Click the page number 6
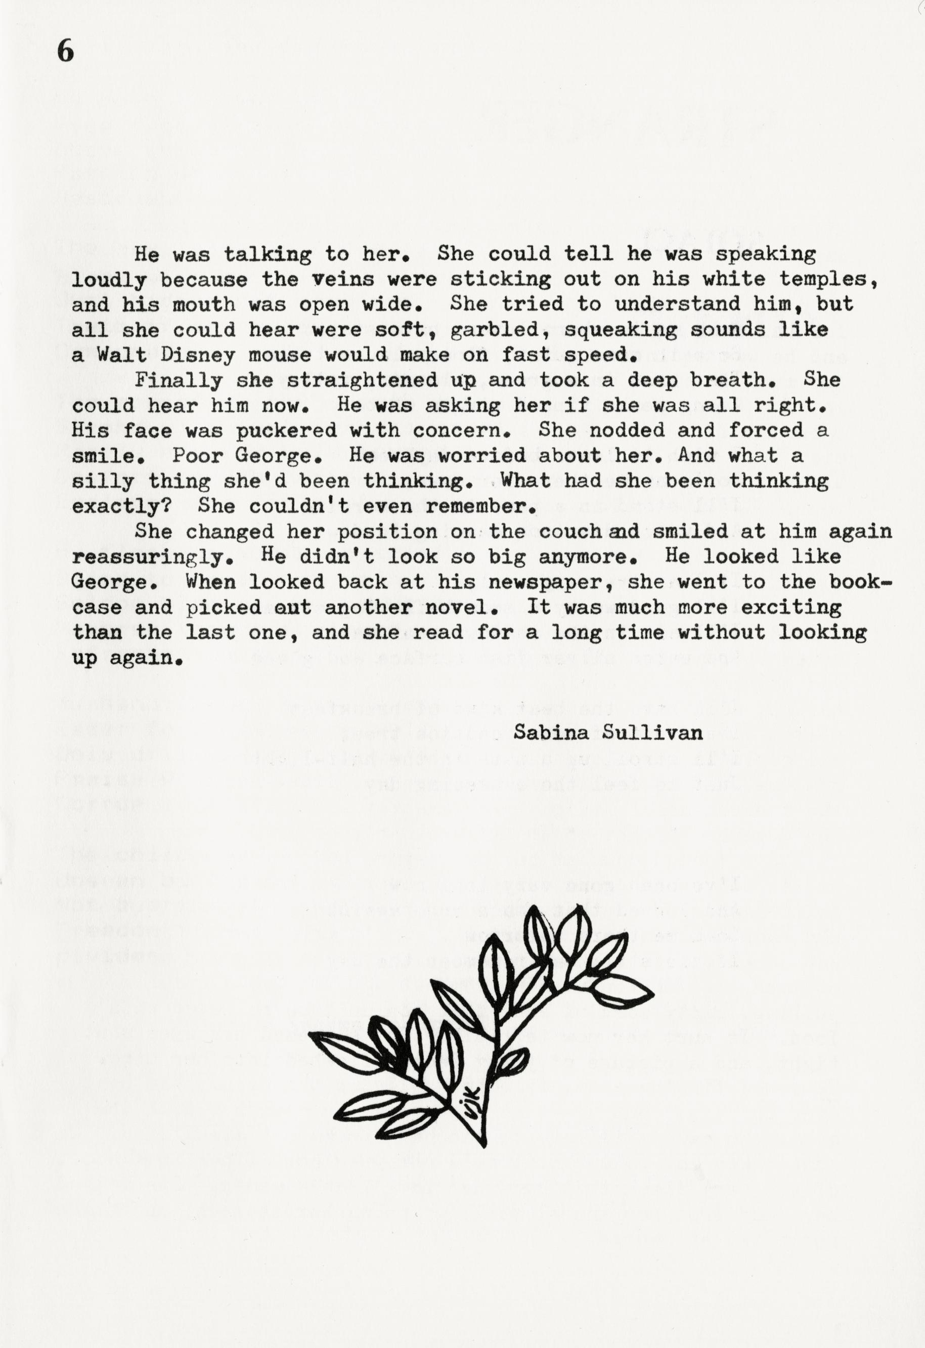click(x=66, y=52)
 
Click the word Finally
click(x=179, y=380)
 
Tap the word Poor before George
click(x=197, y=455)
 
